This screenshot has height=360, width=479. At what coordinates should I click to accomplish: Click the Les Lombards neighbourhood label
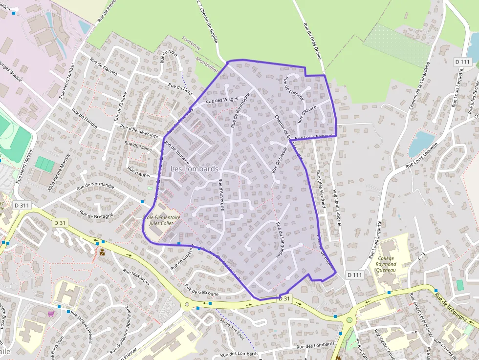pos(195,169)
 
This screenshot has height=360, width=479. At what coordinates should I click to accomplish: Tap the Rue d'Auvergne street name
pos(221,194)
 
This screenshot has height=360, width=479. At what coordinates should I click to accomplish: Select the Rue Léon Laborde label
pos(336,207)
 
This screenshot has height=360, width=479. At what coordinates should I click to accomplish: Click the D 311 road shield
pos(22,206)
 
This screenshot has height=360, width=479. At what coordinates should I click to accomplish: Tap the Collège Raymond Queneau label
pos(386,264)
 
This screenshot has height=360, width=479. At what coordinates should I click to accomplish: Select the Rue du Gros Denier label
pos(312,41)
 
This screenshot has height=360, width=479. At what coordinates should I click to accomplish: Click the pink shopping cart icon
pos(51,314)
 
